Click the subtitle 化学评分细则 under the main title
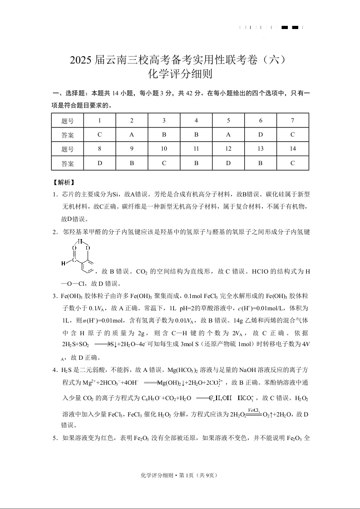point(180,74)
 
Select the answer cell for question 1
point(99,135)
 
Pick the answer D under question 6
point(261,135)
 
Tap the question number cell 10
point(164,149)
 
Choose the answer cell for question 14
point(293,163)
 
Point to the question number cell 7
point(293,121)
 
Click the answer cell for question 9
point(132,163)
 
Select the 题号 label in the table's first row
point(67,121)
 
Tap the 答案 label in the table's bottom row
point(67,163)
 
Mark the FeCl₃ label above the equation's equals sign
point(254,409)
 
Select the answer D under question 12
point(228,163)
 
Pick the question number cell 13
point(261,149)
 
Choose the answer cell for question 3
point(164,135)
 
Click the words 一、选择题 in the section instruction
point(69,93)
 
